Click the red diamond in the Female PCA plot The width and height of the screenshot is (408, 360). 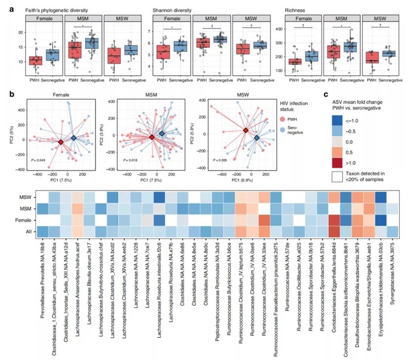(61, 142)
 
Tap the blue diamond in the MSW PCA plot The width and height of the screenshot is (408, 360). (256, 138)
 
